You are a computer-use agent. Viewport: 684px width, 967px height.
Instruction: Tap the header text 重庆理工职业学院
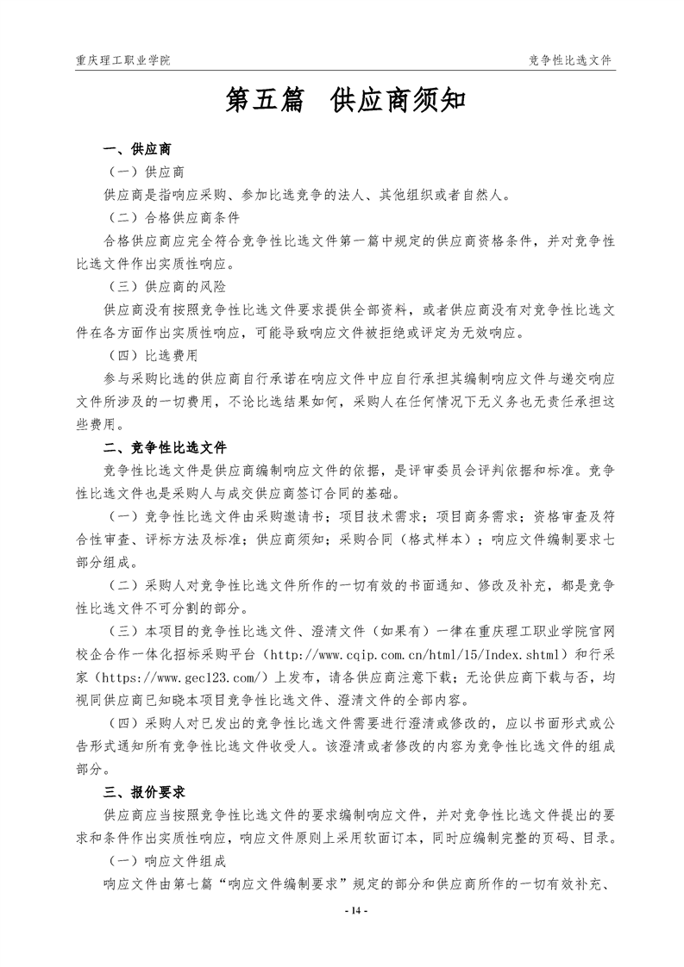(x=122, y=60)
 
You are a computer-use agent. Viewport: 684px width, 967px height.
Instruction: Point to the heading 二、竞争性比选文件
(x=165, y=448)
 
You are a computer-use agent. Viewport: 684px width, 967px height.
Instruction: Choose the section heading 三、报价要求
(x=144, y=791)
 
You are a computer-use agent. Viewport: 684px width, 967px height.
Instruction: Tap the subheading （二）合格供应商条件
(x=173, y=217)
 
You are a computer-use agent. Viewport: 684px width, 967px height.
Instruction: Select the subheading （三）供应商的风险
(x=166, y=285)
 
